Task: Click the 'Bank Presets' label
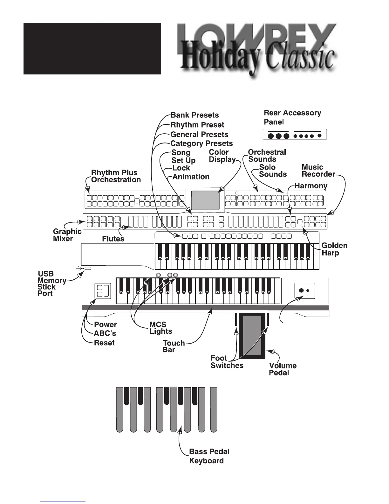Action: coord(194,115)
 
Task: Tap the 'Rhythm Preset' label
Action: coord(197,125)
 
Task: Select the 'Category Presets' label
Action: coord(201,143)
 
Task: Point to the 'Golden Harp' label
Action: coord(334,249)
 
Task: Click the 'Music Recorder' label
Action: coord(318,171)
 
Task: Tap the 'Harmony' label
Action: coord(311,185)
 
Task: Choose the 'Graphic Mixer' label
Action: coord(67,235)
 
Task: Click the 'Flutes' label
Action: coord(113,239)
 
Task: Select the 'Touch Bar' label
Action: coord(174,346)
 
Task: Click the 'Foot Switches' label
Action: coord(227,362)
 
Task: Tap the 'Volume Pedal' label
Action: coord(283,369)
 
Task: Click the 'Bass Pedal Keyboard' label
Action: coord(209,456)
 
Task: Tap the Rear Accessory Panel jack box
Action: coord(295,135)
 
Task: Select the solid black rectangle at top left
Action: coord(92,49)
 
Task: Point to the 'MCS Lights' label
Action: coord(161,328)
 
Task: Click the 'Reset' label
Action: coord(104,343)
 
